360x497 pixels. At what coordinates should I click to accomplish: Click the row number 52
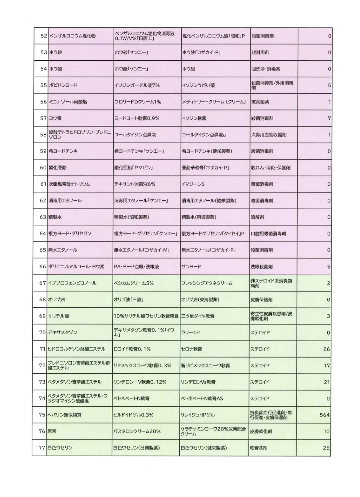[x=44, y=36]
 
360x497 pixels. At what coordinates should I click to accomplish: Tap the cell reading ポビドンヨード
[x=63, y=85]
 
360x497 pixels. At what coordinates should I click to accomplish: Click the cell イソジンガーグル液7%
[x=137, y=85]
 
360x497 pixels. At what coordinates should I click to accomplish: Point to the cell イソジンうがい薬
[x=198, y=85]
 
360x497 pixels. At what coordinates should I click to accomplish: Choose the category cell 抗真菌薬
[x=260, y=102]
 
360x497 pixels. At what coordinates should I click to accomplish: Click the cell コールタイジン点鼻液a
[x=204, y=135]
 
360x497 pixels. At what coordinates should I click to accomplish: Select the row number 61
[x=43, y=184]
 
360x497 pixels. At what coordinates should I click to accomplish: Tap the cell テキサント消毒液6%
[x=135, y=184]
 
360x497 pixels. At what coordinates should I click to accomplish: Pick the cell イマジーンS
[x=193, y=184]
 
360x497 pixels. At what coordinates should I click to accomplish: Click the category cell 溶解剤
[x=258, y=217]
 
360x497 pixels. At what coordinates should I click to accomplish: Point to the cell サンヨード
[x=191, y=267]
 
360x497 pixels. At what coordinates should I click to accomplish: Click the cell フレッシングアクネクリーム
[x=207, y=283]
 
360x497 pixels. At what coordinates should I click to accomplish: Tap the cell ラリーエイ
[x=191, y=332]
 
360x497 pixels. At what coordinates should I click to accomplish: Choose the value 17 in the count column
[x=327, y=366]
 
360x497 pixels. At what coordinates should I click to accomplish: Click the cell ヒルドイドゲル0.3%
[x=133, y=415]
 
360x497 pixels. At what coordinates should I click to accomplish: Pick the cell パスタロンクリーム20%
[x=137, y=431]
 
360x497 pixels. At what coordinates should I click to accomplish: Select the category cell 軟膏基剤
[x=259, y=448]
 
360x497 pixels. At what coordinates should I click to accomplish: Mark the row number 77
[x=42, y=448]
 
